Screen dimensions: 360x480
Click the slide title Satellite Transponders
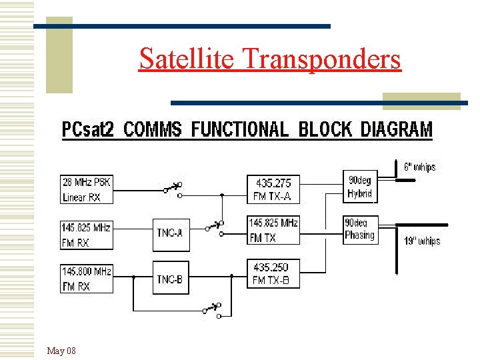[x=270, y=59]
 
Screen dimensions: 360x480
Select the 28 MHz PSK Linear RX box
[x=87, y=190]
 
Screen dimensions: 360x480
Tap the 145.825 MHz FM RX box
[x=87, y=235]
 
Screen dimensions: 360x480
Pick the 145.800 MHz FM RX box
[x=87, y=279]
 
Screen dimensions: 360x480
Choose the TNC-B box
[x=171, y=279]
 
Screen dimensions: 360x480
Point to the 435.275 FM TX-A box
[x=273, y=189]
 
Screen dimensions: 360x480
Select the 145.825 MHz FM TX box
[x=273, y=230]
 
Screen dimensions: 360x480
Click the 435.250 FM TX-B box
[x=273, y=274]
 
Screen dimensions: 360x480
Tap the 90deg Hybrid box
[x=360, y=187]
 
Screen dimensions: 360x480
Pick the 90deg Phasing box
[x=360, y=229]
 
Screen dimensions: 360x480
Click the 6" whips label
[x=420, y=167]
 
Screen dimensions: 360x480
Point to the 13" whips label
[x=422, y=241]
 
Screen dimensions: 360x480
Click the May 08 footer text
[x=61, y=351]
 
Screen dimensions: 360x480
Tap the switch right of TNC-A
[x=214, y=227]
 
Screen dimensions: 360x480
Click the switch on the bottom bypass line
[x=212, y=308]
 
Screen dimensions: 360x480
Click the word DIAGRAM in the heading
[x=397, y=129]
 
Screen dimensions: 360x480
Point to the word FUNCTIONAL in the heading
[x=240, y=129]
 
